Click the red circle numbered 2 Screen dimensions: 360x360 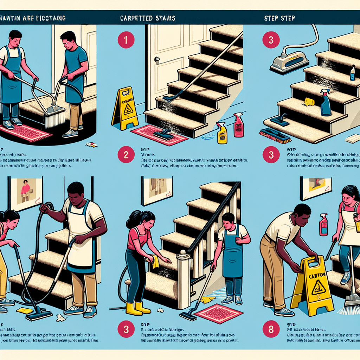click(x=126, y=155)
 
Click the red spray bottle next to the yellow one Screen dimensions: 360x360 click(x=239, y=125)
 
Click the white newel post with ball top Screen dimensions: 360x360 click(x=183, y=278)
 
